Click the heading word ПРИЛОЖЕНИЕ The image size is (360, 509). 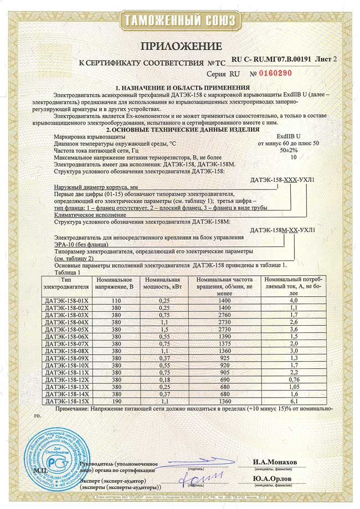(x=180, y=46)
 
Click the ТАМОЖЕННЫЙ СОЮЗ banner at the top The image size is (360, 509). (x=180, y=21)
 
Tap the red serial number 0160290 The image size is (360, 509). (x=275, y=73)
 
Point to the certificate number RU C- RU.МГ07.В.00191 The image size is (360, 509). (x=271, y=58)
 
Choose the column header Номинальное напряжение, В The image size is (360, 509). (x=116, y=284)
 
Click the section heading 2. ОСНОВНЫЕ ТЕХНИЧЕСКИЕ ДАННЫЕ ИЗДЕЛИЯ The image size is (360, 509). (x=179, y=129)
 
